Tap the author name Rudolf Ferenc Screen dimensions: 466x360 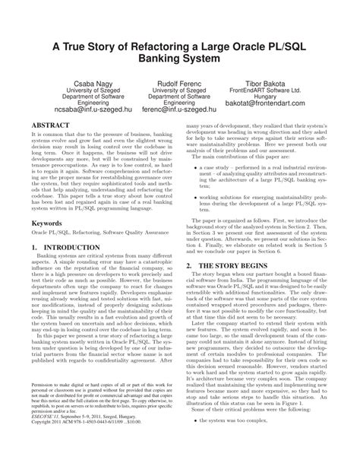click(179, 80)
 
